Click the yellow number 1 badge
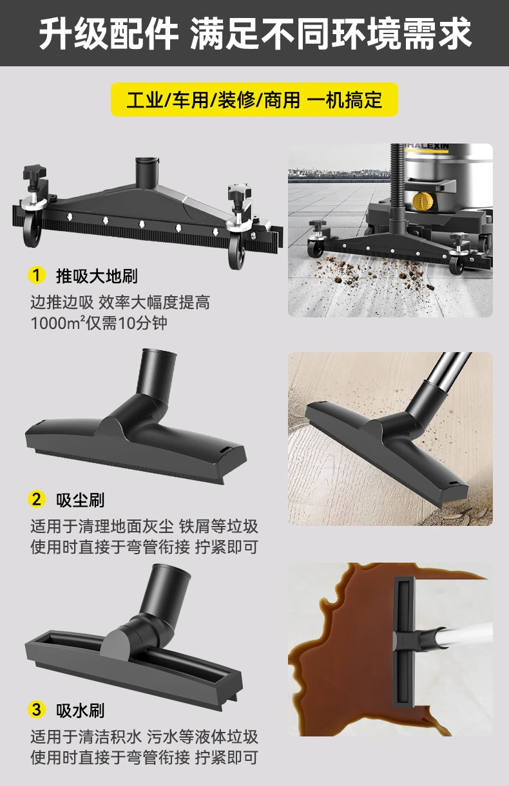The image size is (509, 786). pos(37,276)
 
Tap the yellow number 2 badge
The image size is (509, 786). pos(37,499)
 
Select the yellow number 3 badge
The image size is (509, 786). pos(37,709)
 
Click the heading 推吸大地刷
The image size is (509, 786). pos(97,276)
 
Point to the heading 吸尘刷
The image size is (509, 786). pos(81,500)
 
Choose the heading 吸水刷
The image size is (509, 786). pos(81,710)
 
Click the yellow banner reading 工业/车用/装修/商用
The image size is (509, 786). pos(254,100)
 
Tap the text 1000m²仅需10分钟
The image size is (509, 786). pos(99,323)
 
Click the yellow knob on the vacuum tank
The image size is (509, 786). pos(423,203)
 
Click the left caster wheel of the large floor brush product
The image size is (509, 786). pos(32,232)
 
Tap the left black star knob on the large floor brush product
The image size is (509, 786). pos(34,174)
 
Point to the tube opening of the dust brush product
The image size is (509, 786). pos(158,353)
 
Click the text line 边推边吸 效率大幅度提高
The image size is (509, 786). pos(120,302)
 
